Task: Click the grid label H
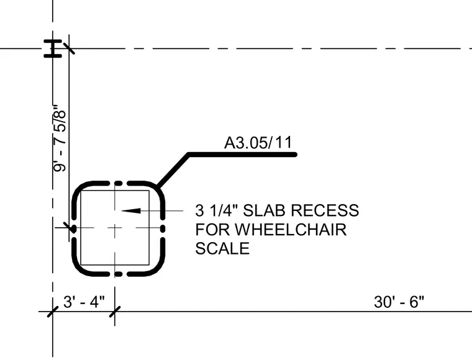(53, 48)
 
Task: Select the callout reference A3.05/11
(258, 143)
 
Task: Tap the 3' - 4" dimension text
(84, 302)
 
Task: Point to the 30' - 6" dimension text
(399, 302)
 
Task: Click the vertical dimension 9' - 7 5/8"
(59, 138)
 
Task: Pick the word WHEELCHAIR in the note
(291, 230)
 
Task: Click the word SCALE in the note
(222, 248)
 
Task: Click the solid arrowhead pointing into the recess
(131, 210)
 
